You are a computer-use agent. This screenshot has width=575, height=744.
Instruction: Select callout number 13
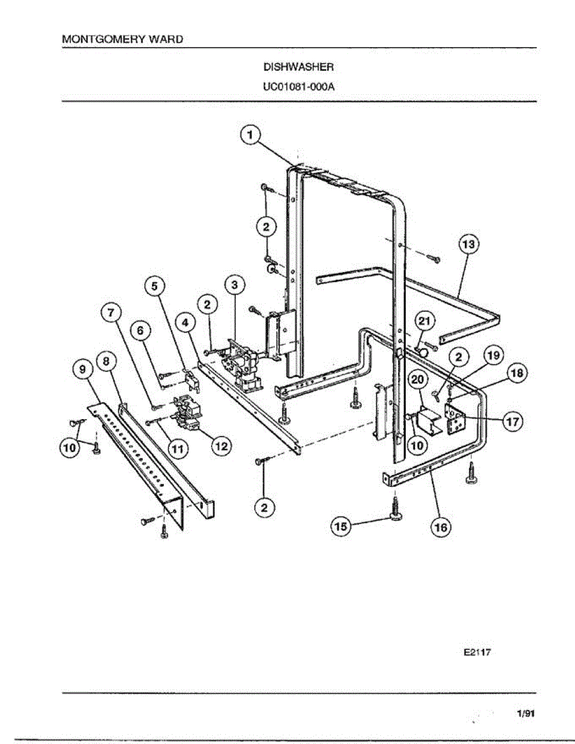pyautogui.click(x=470, y=245)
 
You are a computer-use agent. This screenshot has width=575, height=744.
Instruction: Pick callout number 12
pyautogui.click(x=220, y=445)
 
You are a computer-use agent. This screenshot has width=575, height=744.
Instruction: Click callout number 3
pyautogui.click(x=234, y=285)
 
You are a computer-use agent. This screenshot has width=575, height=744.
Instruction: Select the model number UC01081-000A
pyautogui.click(x=299, y=86)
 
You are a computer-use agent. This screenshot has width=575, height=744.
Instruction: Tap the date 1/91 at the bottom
pyautogui.click(x=525, y=714)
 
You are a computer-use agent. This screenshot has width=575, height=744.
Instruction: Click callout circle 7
pyautogui.click(x=112, y=314)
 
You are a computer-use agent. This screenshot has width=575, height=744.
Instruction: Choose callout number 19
pyautogui.click(x=493, y=355)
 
